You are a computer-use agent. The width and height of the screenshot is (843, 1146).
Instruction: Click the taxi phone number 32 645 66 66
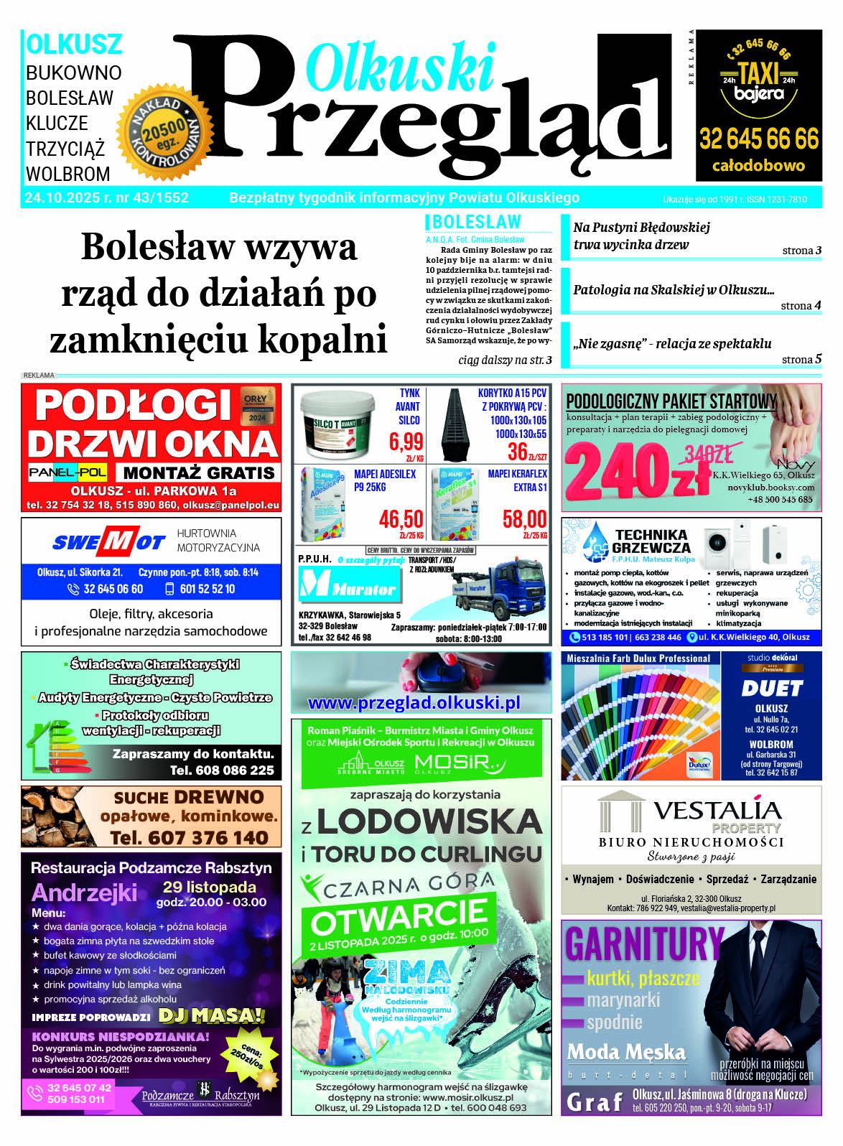tap(759, 139)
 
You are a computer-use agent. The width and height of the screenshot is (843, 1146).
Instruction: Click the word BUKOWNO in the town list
tap(73, 73)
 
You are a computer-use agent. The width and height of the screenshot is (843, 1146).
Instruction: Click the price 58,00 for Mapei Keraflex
tap(524, 518)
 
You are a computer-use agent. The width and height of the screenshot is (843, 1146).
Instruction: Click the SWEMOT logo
tap(108, 541)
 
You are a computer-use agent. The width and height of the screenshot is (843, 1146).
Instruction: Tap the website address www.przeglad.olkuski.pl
tap(414, 703)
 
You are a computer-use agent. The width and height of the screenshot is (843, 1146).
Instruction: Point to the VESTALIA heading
tap(716, 810)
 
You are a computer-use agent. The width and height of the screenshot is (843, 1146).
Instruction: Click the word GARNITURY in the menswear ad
tap(643, 944)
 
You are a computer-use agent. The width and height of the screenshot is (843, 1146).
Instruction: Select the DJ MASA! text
tap(211, 1015)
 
